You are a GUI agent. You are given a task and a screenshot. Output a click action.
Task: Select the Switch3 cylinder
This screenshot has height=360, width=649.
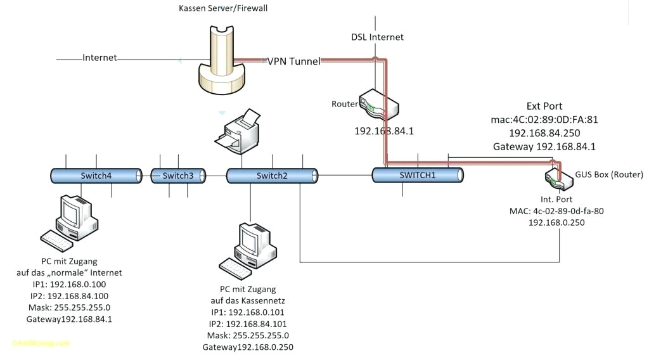178,176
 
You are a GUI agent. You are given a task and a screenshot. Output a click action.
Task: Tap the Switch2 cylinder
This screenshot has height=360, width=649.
272,176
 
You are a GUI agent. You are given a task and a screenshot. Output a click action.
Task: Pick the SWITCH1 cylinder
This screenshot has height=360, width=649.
418,174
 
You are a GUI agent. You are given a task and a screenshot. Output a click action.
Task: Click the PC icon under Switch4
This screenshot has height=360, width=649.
70,220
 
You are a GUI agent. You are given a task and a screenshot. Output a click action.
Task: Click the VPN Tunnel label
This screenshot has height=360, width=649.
293,61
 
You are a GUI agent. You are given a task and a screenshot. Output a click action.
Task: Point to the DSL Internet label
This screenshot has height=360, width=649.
378,37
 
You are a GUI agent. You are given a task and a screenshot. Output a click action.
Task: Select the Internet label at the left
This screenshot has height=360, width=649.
100,58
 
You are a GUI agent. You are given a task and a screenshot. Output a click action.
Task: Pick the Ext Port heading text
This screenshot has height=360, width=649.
544,106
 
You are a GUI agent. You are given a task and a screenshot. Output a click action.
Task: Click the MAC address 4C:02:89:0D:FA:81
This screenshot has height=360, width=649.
544,119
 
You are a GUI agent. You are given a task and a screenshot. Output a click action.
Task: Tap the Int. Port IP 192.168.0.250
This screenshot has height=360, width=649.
556,222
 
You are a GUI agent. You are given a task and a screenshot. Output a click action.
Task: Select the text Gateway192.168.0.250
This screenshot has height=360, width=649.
248,347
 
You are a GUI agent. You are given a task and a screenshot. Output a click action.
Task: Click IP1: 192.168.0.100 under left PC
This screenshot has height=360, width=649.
69,285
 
